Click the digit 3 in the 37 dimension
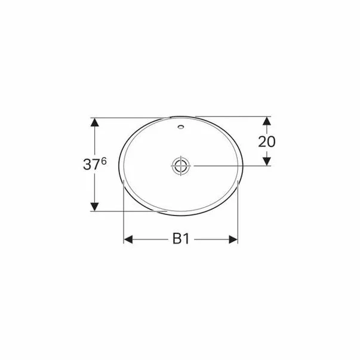pos(88,165)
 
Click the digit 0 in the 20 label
pos(272,141)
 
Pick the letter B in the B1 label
pos(177,239)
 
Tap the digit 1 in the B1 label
pos(187,239)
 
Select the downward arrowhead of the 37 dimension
pos(94,206)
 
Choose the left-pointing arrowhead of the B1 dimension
pos(128,240)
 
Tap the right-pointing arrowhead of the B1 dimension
pos(233,240)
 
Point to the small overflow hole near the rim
pos(180,127)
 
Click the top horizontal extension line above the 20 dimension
pos(233,116)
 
